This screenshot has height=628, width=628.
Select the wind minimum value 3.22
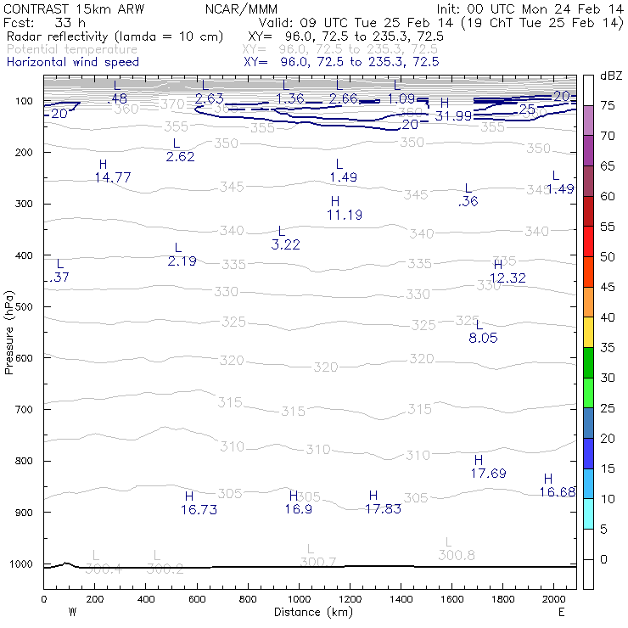(286, 244)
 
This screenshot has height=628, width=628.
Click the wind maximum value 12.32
(507, 278)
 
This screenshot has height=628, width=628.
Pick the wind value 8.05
(483, 338)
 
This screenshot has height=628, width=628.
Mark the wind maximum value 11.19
(344, 216)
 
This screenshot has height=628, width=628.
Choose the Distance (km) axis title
(310, 612)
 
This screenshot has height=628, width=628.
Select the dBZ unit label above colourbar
(610, 76)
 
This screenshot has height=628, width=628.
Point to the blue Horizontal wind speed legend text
(73, 62)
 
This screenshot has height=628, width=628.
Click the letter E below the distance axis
(561, 612)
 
